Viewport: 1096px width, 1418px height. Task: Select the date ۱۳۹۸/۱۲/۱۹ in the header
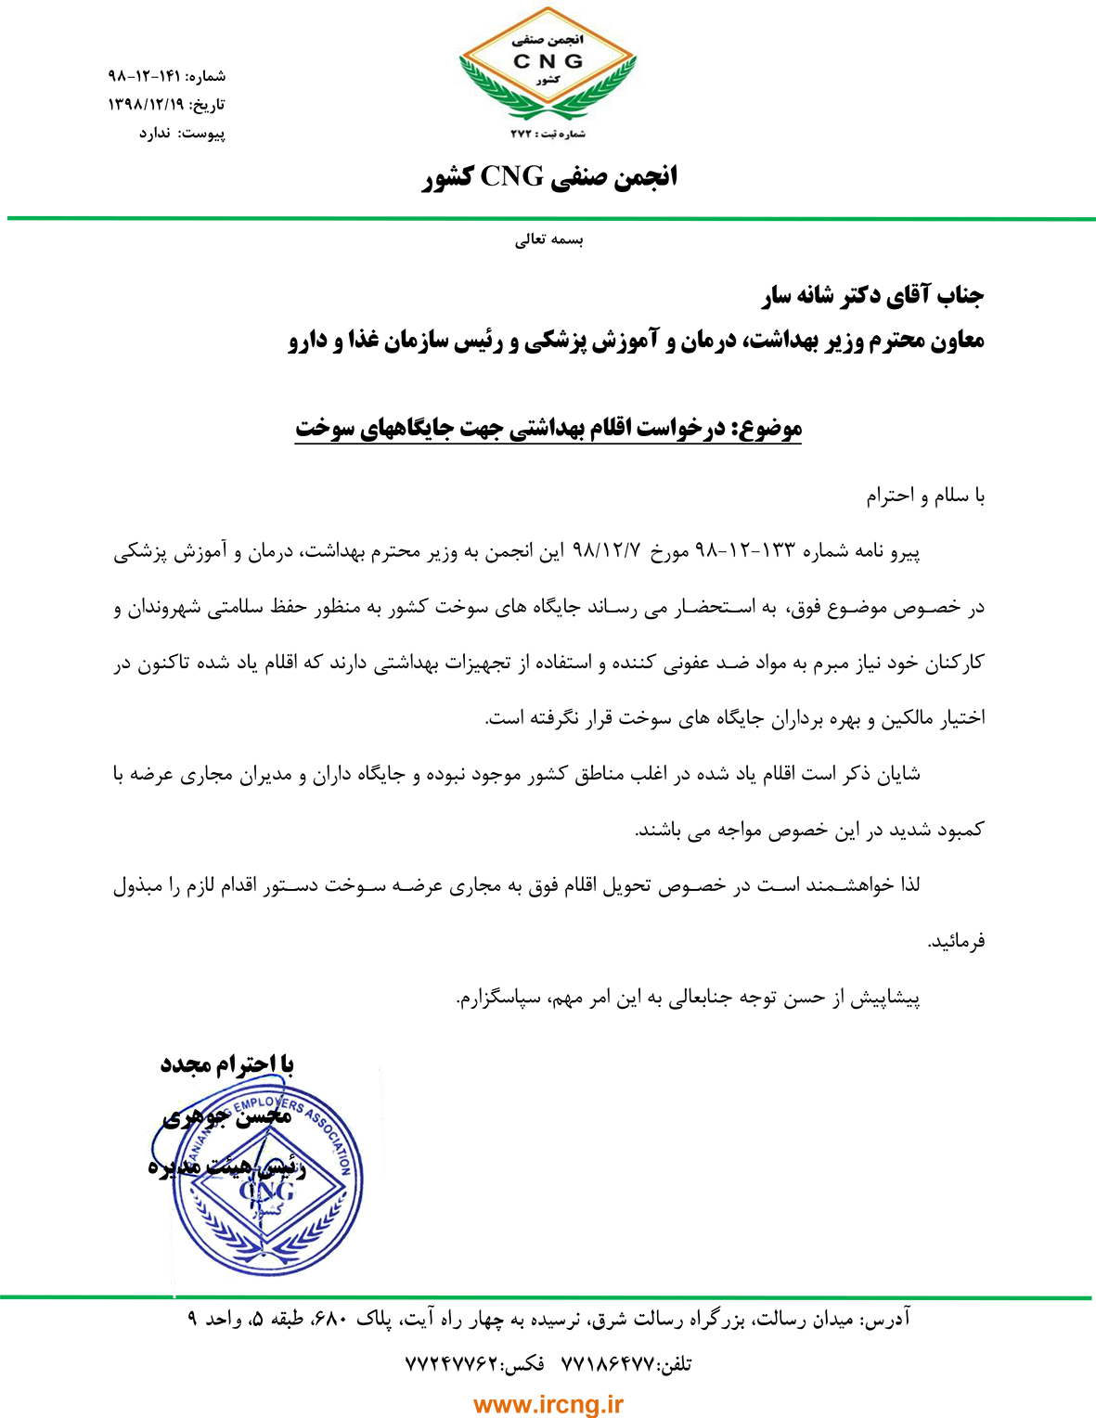[147, 105]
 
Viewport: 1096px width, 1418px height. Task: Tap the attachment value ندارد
[155, 134]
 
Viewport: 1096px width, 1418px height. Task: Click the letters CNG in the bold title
[511, 176]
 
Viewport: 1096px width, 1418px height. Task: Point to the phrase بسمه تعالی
[549, 240]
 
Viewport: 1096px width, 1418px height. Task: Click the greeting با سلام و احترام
[925, 496]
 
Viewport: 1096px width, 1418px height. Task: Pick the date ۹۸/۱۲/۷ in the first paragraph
[607, 551]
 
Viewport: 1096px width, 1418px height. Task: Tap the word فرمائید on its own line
[956, 942]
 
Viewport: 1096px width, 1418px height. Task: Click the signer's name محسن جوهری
[227, 1117]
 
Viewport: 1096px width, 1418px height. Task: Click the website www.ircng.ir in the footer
[548, 1405]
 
